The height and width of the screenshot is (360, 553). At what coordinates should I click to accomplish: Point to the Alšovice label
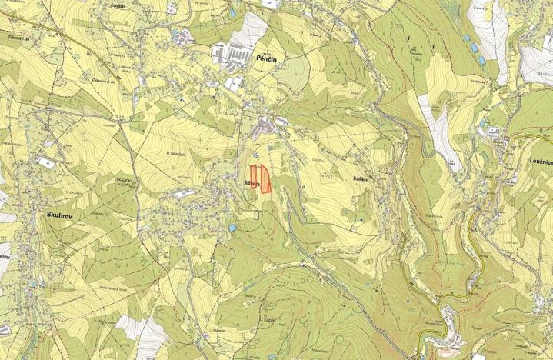[x=254, y=184]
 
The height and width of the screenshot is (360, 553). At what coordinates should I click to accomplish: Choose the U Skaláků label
[x=178, y=152]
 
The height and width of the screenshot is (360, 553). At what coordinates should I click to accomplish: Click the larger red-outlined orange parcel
[x=265, y=179]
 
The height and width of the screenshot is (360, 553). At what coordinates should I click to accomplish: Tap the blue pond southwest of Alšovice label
[x=232, y=228]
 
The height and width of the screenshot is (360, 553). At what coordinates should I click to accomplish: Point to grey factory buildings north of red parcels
[x=265, y=122]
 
